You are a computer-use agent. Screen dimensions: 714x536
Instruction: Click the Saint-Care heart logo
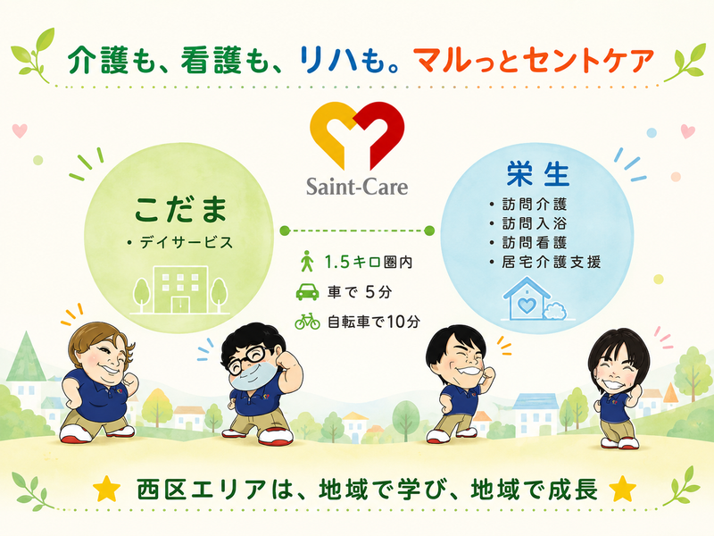[x=356, y=136]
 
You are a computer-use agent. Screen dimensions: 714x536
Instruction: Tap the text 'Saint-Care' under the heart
[x=356, y=187]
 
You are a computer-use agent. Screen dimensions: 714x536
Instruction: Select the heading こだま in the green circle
[x=181, y=209]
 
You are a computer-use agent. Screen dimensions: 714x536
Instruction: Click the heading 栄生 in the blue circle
[x=538, y=173]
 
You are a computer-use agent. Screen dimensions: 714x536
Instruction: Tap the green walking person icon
[x=307, y=261]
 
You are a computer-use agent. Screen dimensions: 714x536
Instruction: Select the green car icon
[x=307, y=292]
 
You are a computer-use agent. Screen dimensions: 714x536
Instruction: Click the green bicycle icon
[x=307, y=321]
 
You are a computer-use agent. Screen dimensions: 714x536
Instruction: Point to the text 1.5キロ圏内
[x=369, y=262]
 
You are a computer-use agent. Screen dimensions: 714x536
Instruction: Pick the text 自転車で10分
[x=374, y=322]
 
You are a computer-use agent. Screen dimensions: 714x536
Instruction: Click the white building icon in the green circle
[x=180, y=290]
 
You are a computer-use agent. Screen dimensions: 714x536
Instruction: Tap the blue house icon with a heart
[x=534, y=299]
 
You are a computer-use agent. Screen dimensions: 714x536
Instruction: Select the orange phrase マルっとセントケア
[x=533, y=61]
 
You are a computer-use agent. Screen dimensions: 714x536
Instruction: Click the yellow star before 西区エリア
[x=107, y=489]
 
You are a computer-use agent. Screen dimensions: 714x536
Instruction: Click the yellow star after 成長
[x=622, y=489]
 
